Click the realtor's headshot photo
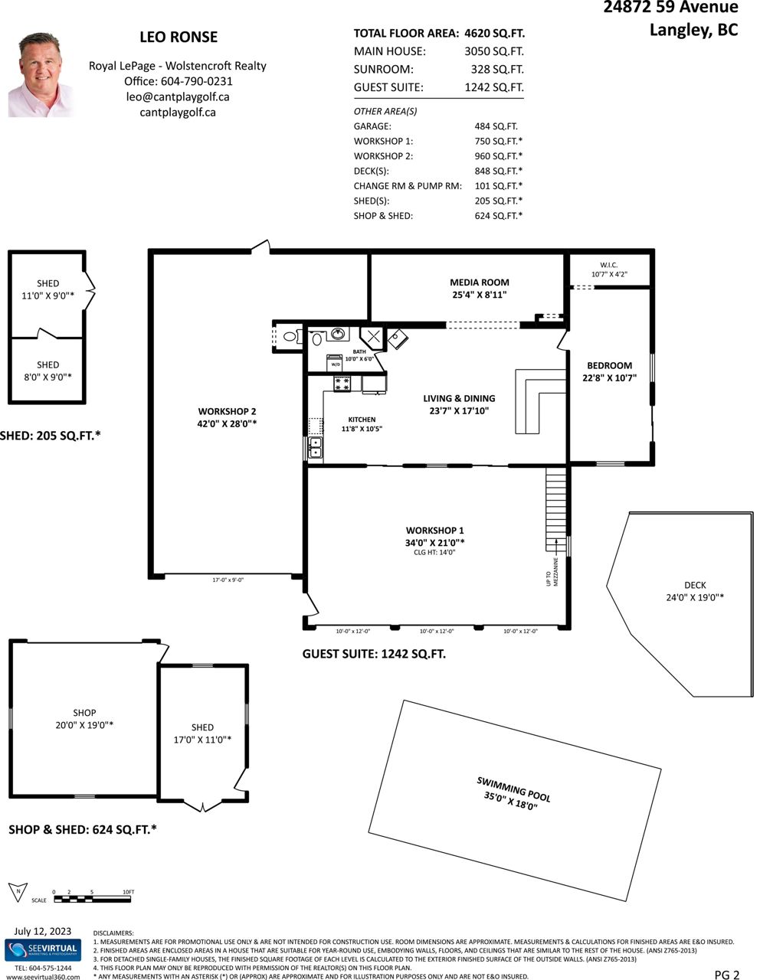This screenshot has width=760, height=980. (x=41, y=75)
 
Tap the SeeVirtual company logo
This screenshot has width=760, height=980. (x=43, y=949)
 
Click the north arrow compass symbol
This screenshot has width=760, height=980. (x=18, y=892)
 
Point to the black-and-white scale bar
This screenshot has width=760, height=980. (x=92, y=899)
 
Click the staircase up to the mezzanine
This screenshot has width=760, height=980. (x=555, y=509)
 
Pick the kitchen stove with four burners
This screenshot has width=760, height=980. (x=341, y=384)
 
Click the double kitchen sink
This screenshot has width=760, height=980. (x=315, y=447)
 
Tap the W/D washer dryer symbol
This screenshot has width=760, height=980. (x=336, y=363)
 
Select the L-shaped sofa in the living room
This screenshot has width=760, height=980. (x=540, y=401)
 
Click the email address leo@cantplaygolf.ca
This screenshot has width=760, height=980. (x=178, y=97)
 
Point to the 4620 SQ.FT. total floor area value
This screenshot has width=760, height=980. (x=495, y=34)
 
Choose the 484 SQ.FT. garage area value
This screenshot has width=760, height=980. (x=496, y=126)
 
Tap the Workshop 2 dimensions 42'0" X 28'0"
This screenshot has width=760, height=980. (x=227, y=423)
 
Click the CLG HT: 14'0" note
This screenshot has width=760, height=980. (x=434, y=553)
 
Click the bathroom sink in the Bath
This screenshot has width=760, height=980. (x=337, y=334)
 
